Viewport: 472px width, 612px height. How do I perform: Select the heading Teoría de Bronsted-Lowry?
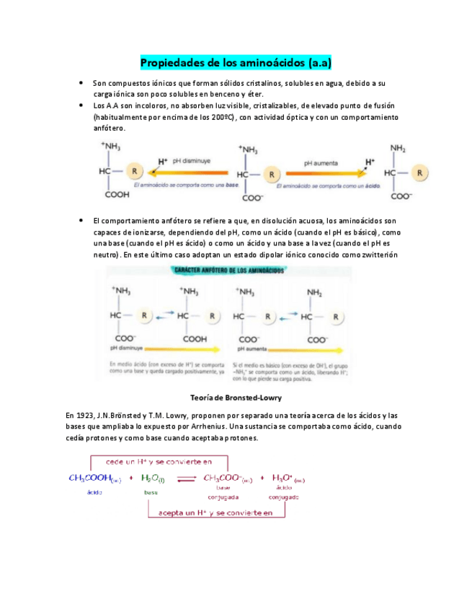pos(235,398)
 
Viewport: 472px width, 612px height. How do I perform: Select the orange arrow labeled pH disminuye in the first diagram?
pos(187,173)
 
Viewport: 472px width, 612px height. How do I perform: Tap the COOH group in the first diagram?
pos(117,194)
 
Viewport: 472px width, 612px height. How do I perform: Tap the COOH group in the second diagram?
pos(194,337)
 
